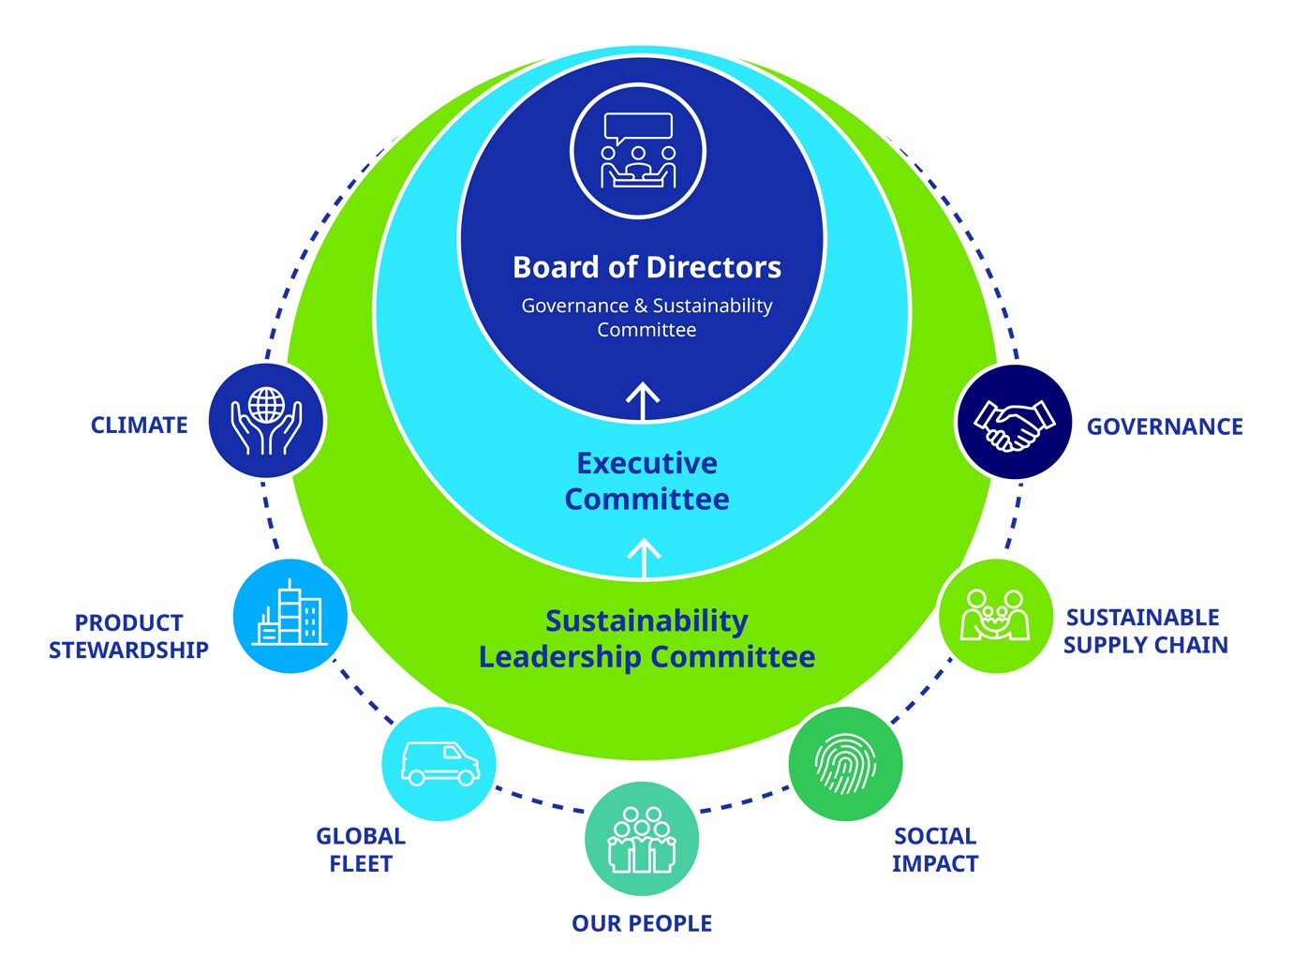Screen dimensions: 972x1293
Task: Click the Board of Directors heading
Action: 646,267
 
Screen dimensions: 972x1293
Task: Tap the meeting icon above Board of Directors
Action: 638,151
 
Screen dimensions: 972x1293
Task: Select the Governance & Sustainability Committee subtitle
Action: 646,318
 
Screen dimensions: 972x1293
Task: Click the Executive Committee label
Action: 646,481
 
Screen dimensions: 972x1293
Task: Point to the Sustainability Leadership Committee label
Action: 646,638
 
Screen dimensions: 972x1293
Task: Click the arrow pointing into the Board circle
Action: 643,400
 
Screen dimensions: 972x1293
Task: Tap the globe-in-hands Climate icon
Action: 267,421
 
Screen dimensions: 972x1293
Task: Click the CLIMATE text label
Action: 139,426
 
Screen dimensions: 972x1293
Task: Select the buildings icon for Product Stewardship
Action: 290,615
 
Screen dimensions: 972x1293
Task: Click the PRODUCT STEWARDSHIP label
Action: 128,636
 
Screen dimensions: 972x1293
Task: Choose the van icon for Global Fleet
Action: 439,764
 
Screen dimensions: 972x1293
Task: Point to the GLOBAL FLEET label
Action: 361,849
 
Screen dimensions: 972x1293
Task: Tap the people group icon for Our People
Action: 642,839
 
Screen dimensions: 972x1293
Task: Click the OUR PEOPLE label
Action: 642,923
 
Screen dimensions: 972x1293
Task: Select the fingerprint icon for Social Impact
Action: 845,764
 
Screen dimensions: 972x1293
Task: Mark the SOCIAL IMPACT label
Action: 935,849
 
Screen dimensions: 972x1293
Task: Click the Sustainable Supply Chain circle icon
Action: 995,616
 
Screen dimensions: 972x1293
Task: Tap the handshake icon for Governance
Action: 1014,423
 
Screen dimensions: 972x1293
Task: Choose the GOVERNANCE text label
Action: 1165,426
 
